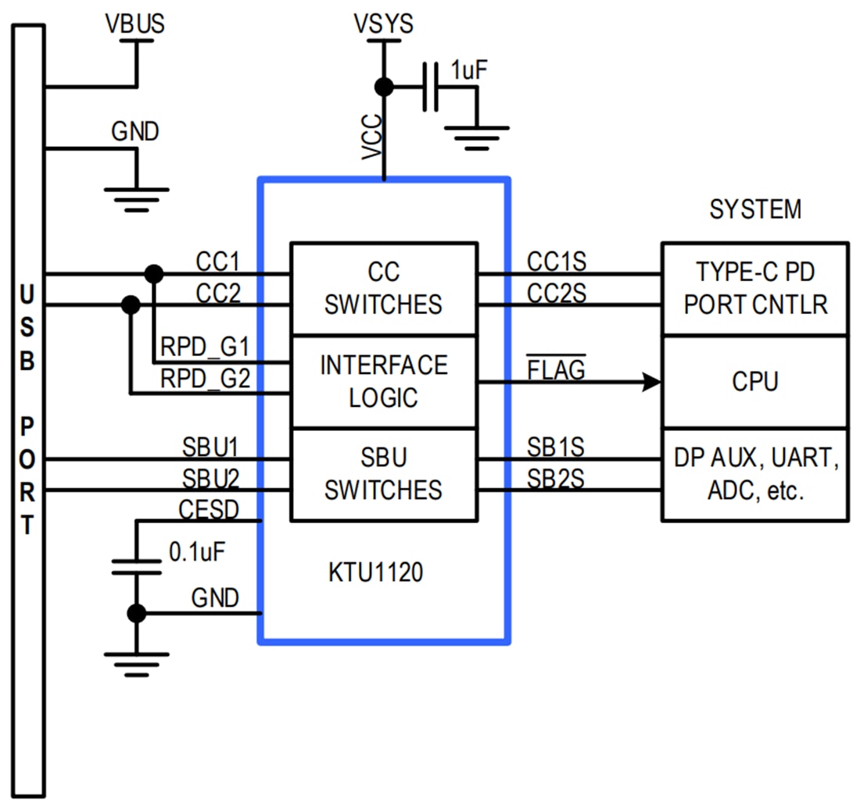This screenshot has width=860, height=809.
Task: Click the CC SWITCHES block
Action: (383, 288)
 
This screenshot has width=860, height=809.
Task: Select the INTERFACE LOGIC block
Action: (383, 381)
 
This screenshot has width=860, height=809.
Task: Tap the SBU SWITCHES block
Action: (383, 474)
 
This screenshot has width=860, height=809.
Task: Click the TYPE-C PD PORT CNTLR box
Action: (755, 288)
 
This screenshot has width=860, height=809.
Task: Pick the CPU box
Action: (755, 382)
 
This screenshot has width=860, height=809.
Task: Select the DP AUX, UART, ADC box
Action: (755, 474)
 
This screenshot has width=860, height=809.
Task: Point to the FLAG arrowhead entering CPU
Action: (651, 382)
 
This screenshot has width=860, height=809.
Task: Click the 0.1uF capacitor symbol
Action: (137, 567)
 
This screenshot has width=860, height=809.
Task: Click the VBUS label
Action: (135, 24)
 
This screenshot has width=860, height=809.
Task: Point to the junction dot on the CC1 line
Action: (154, 274)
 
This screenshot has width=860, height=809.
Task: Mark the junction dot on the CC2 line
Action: (131, 304)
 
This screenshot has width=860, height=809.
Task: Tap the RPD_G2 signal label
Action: (206, 380)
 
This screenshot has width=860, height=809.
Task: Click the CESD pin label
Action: (209, 509)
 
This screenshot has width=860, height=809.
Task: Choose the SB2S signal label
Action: (556, 478)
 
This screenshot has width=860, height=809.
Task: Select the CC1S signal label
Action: (556, 261)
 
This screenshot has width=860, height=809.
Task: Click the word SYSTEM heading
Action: (755, 209)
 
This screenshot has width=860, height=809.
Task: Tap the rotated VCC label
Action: (373, 138)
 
